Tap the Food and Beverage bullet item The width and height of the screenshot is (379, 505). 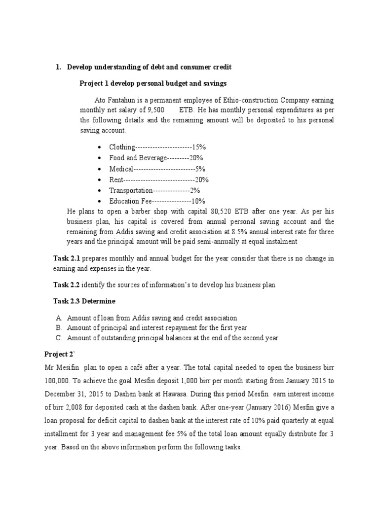point(156,158)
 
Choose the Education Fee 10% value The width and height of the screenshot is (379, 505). point(198,201)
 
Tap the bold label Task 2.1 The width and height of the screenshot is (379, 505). point(67,258)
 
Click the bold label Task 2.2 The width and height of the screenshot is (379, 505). point(67,285)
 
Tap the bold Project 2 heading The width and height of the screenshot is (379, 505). point(59,354)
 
